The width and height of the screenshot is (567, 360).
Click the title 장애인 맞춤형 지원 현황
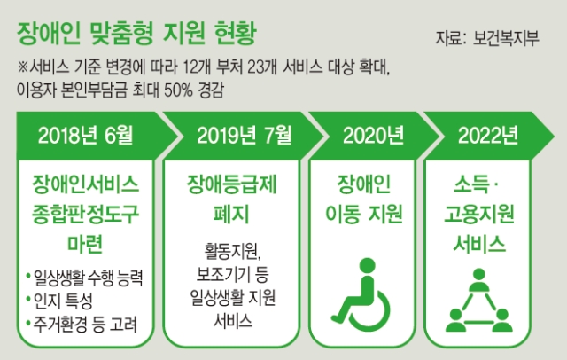tap(136, 34)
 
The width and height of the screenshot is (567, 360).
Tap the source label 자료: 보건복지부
tap(487, 38)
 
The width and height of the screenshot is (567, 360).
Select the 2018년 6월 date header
tap(86, 136)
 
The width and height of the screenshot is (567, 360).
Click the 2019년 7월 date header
tap(245, 136)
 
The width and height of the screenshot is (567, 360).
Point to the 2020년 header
tap(374, 136)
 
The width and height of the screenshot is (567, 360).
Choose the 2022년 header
tap(488, 136)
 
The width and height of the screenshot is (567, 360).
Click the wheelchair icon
tap(361, 295)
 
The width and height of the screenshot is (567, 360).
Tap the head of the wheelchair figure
tap(368, 266)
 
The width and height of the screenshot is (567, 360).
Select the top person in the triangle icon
tap(478, 279)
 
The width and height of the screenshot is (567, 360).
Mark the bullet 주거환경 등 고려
tap(85, 325)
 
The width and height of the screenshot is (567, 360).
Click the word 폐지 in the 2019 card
tap(231, 214)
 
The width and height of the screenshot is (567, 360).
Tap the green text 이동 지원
tap(364, 214)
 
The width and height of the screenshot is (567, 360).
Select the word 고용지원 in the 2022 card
tap(478, 214)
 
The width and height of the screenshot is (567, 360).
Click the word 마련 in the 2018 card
tap(86, 243)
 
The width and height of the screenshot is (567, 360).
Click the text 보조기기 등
tap(232, 274)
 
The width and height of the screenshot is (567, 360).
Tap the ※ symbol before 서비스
tap(22, 67)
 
